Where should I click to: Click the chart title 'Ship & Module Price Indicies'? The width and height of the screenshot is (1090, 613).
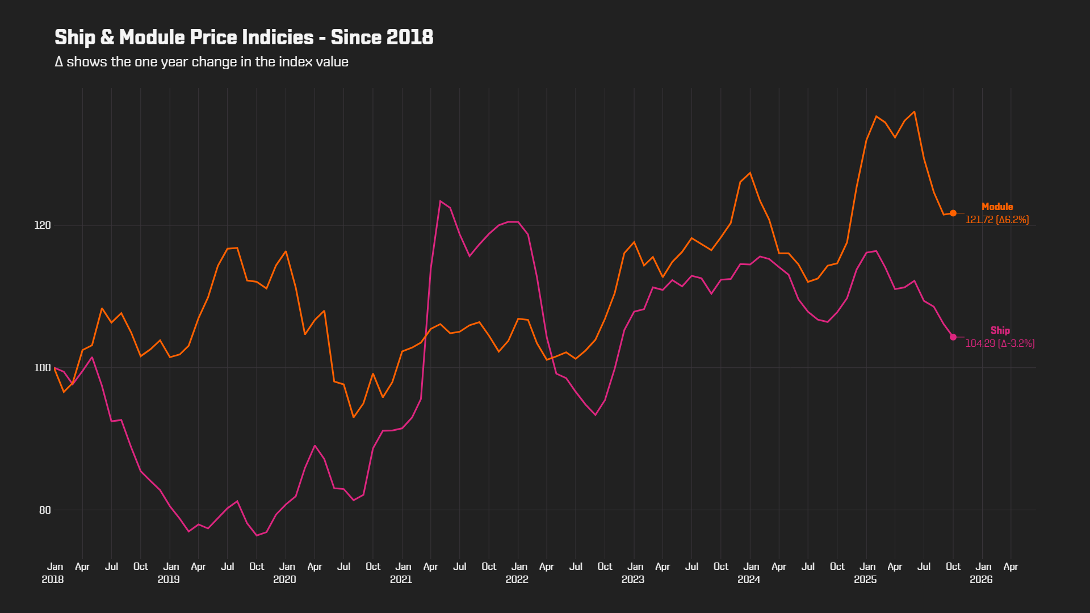[184, 37]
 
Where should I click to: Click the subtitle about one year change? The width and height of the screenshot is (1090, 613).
[202, 62]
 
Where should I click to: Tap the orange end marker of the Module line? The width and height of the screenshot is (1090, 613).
[953, 213]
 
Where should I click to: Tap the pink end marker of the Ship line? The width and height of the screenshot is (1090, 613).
[953, 337]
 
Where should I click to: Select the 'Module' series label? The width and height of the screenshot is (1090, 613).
[997, 207]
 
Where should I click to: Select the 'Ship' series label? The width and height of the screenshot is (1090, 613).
[1000, 330]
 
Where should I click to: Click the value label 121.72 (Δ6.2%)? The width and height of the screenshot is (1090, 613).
[997, 220]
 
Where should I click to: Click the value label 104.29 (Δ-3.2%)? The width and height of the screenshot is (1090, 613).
[1000, 343]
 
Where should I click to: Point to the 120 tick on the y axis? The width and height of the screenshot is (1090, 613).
[43, 225]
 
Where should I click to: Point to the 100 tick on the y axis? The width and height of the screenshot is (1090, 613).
[43, 368]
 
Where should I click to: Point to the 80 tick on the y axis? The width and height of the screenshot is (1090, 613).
[45, 510]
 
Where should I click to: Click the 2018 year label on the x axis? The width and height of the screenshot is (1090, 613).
[53, 580]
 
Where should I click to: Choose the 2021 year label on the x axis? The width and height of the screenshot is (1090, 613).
[401, 580]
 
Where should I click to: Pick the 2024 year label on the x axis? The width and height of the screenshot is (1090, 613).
[749, 580]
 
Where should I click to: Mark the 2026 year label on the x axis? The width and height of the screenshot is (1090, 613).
[981, 580]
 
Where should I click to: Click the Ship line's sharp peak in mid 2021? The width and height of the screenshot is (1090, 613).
[440, 201]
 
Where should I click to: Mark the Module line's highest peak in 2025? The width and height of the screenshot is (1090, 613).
[914, 112]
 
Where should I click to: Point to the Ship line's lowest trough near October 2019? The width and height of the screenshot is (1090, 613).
[257, 535]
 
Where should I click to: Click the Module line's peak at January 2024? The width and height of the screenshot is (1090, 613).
[750, 173]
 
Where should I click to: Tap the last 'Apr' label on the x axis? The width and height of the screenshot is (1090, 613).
[1011, 566]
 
